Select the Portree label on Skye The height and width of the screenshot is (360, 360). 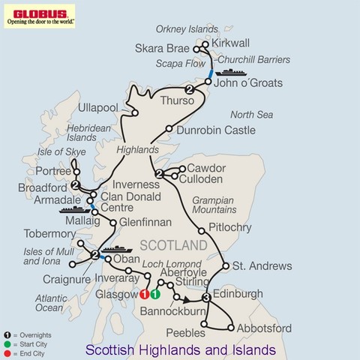(47, 171)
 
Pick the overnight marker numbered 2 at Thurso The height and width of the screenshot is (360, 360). (190, 91)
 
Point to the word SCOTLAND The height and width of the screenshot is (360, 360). (173, 246)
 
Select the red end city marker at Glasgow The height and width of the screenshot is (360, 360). (144, 295)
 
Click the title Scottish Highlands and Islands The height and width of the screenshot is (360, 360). (180, 349)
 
